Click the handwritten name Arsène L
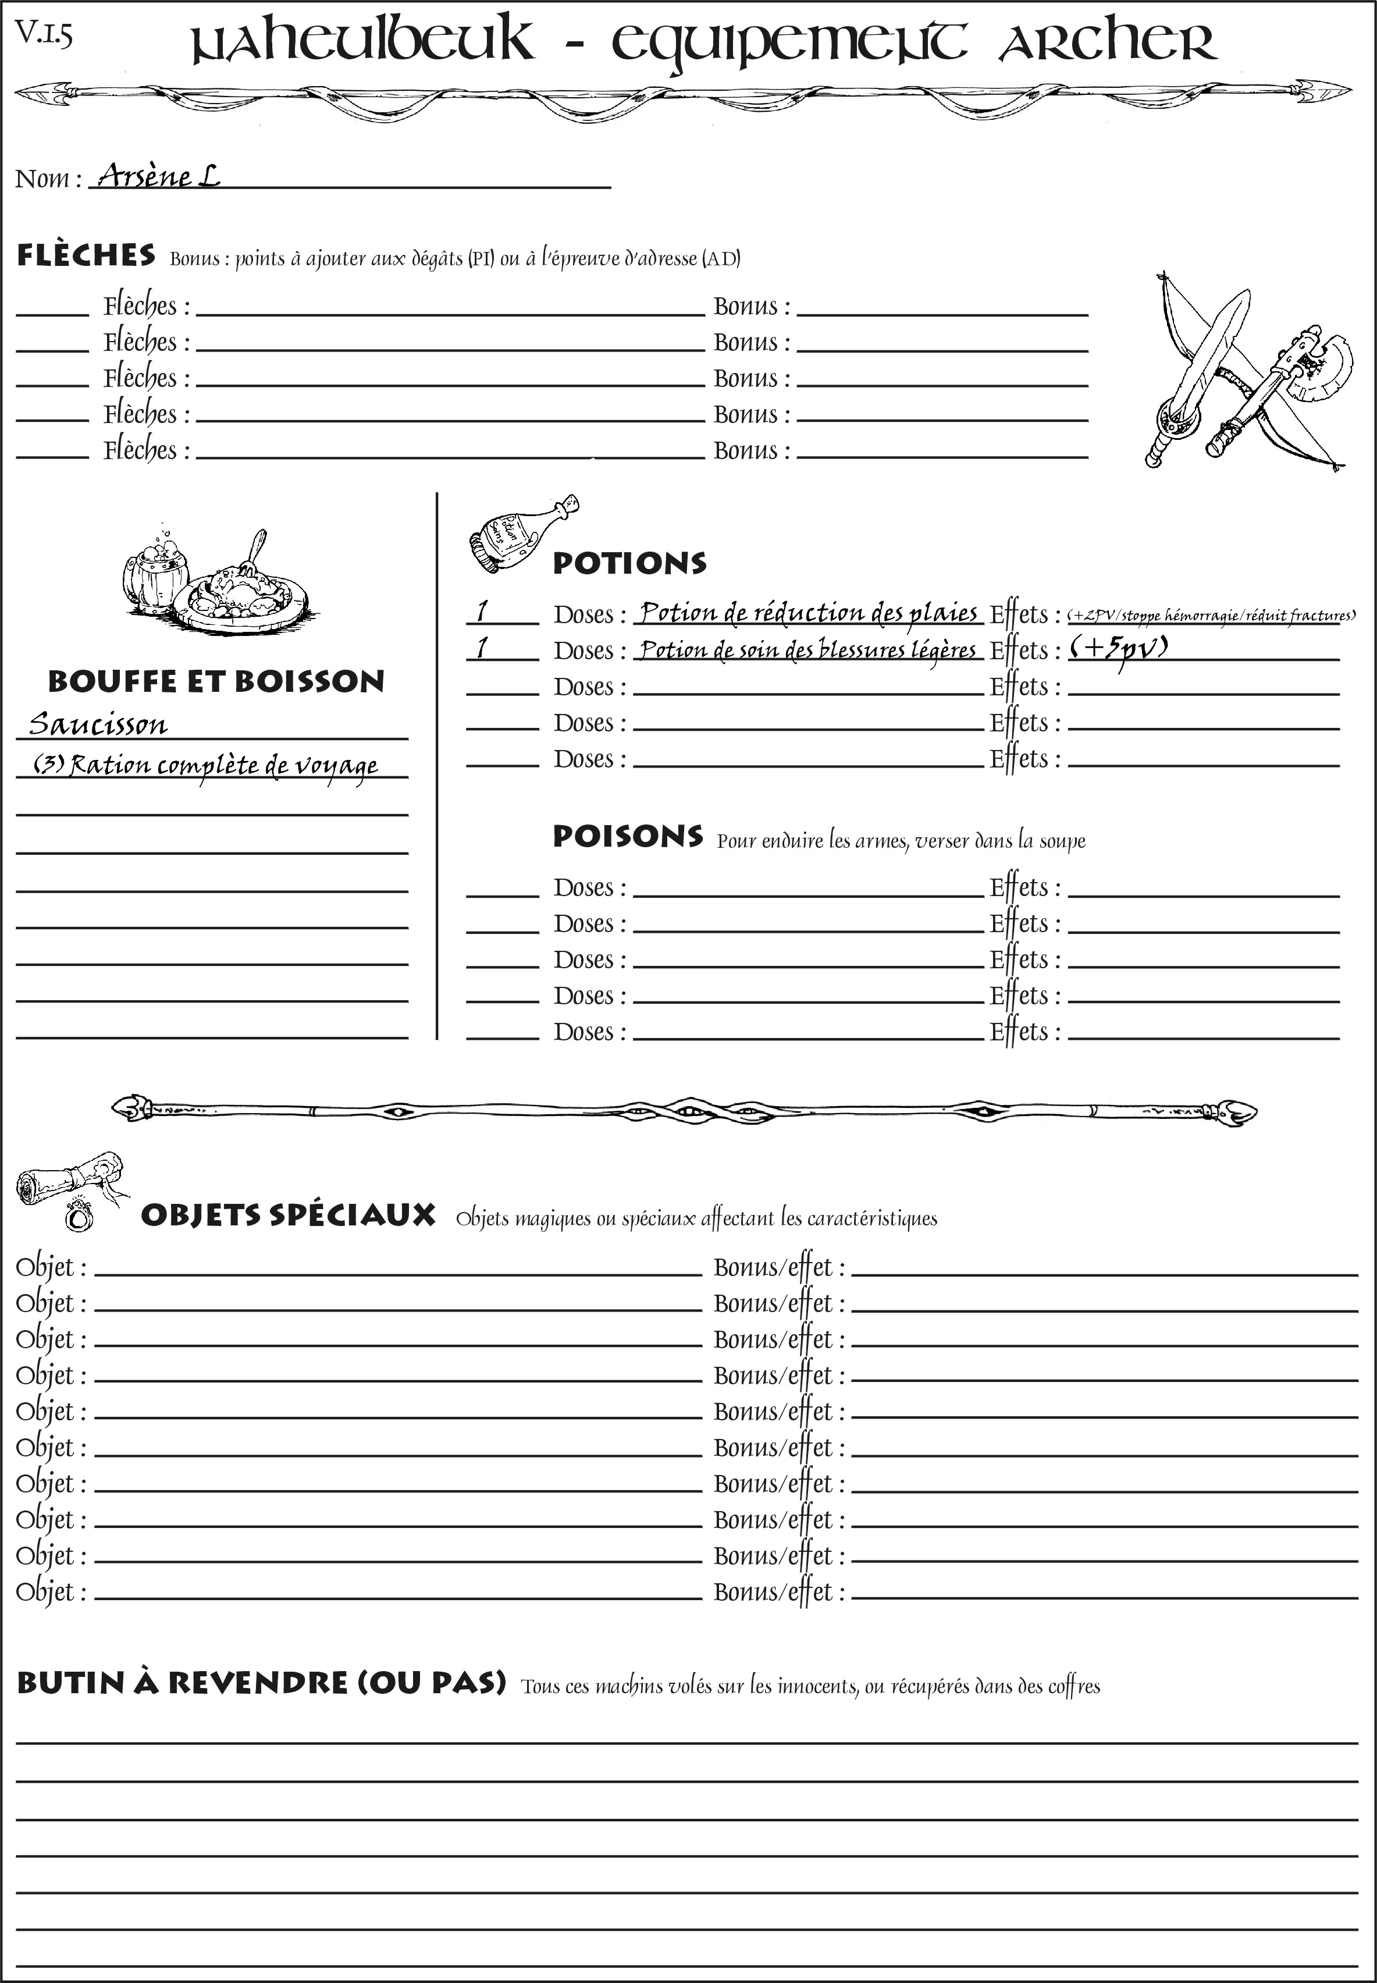click(x=158, y=176)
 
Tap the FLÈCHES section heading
click(x=86, y=255)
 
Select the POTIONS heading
click(x=629, y=563)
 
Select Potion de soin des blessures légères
click(x=807, y=650)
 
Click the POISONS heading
click(x=627, y=836)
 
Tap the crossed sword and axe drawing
click(x=1244, y=371)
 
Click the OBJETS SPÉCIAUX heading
click(x=287, y=1215)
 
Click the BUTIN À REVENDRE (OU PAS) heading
click(x=261, y=1683)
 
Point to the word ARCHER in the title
click(x=1107, y=41)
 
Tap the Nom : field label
click(x=48, y=179)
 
